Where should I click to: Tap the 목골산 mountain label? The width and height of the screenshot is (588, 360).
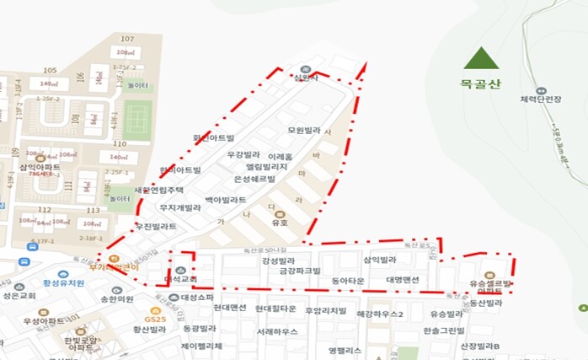[481, 83]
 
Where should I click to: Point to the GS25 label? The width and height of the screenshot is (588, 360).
[153, 320]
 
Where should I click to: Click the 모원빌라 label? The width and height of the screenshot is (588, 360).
[305, 131]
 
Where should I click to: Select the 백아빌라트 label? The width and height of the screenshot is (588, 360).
[226, 200]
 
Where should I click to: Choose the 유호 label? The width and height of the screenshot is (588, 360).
[280, 224]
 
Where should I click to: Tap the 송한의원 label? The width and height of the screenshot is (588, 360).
[117, 298]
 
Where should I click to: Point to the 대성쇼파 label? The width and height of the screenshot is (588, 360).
[199, 298]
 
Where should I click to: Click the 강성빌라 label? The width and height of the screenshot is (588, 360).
[278, 261]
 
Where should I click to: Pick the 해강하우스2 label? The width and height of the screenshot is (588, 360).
[380, 314]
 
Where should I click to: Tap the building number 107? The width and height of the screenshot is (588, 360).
[127, 40]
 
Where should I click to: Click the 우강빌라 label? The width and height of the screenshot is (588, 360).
[246, 155]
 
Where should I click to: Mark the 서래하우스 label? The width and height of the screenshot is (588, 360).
[276, 331]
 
